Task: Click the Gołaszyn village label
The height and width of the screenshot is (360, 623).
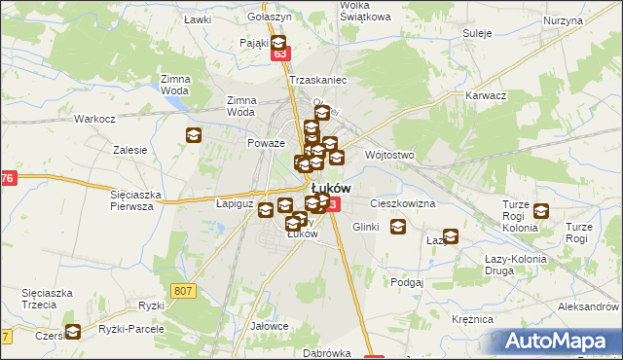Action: tap(270, 18)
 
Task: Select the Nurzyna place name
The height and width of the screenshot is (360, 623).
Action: tap(564, 20)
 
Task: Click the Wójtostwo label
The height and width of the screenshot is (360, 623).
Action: tap(389, 155)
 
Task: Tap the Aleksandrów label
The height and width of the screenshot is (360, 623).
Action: tap(588, 306)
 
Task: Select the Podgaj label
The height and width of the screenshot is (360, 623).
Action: tap(406, 282)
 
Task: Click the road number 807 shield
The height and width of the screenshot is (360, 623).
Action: tap(183, 290)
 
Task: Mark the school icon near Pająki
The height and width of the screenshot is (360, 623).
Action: tap(278, 43)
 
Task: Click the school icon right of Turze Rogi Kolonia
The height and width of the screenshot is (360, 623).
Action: tap(541, 210)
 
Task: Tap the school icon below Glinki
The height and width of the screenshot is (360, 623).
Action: tap(398, 227)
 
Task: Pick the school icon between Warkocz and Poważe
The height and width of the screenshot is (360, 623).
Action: tap(193, 135)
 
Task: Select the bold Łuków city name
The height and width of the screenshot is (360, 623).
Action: tap(332, 187)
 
